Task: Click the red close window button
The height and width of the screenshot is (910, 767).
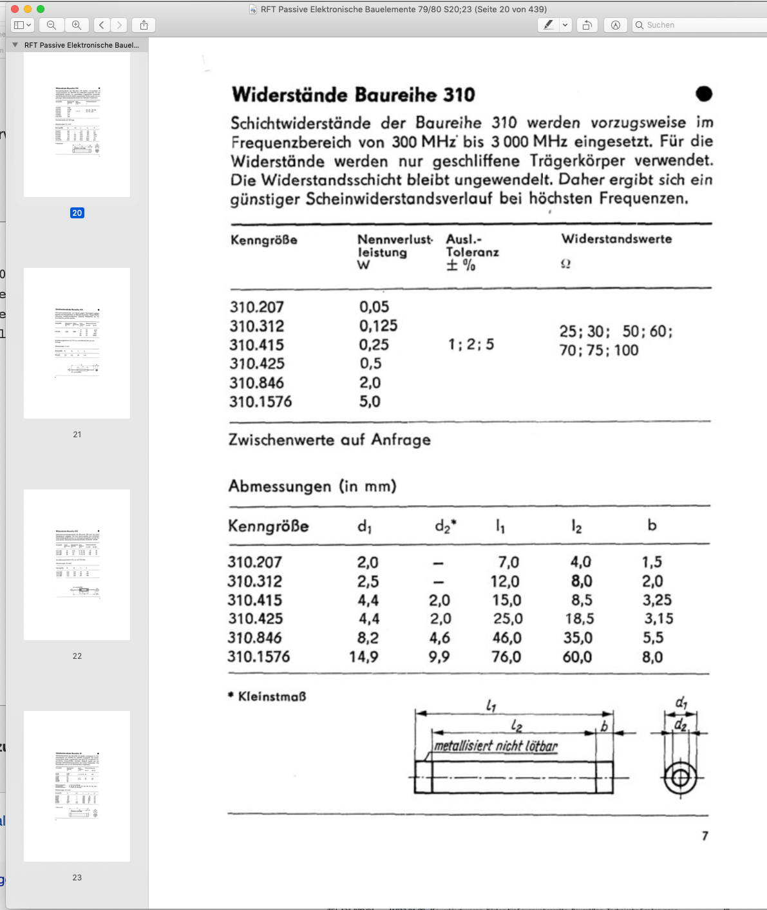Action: [x=15, y=9]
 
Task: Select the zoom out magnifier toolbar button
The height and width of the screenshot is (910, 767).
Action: [x=52, y=25]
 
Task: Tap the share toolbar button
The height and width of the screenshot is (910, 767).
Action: [x=144, y=25]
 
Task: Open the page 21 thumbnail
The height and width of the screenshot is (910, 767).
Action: [x=77, y=343]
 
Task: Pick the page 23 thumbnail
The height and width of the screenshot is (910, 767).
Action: [x=77, y=786]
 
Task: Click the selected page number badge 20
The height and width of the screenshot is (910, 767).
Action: [x=77, y=213]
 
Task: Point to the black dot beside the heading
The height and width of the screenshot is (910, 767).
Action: [x=704, y=94]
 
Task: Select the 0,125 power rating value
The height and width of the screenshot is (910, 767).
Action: [x=378, y=326]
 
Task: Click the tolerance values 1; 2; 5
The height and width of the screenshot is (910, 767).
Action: [x=471, y=345]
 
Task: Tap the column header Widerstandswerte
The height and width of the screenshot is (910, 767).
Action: [x=616, y=239]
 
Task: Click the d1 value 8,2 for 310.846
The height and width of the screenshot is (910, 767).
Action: [x=367, y=638]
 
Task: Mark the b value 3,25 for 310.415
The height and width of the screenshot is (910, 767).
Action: [x=657, y=600]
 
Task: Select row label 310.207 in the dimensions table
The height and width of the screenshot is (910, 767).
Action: [x=254, y=562]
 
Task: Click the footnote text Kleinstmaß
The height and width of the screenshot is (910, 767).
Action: [x=272, y=696]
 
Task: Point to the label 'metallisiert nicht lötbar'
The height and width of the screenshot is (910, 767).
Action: [x=495, y=746]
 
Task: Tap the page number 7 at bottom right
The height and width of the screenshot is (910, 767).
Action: [x=705, y=836]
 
